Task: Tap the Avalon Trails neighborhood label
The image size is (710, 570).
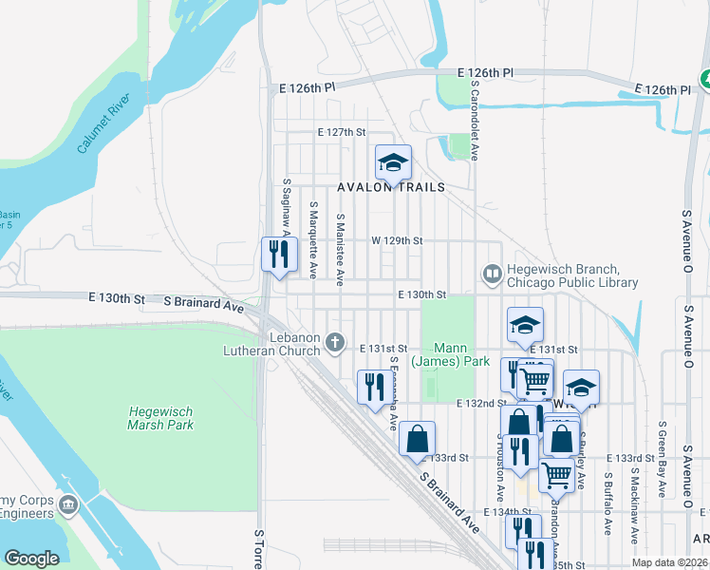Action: (x=391, y=187)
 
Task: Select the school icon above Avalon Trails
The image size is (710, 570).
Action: (x=392, y=162)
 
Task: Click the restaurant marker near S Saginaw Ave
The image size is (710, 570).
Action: (x=278, y=254)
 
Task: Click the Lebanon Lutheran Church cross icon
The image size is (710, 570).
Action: (x=334, y=341)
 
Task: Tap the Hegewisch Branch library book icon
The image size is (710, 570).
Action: (x=492, y=275)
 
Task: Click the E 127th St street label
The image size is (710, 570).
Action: (x=342, y=132)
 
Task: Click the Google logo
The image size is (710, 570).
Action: (x=31, y=559)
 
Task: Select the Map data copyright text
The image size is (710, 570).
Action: (x=670, y=562)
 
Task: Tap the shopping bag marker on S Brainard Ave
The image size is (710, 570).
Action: (x=417, y=440)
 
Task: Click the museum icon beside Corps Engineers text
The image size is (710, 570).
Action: (x=66, y=503)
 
